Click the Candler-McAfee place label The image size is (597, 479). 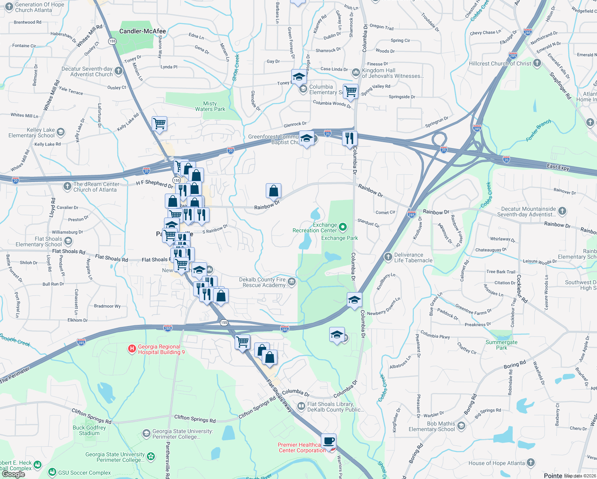click(x=142, y=31)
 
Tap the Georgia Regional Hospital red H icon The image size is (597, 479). click(x=132, y=349)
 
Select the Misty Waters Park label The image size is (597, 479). click(x=210, y=106)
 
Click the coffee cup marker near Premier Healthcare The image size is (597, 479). click(x=328, y=441)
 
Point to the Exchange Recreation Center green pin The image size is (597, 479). click(x=342, y=228)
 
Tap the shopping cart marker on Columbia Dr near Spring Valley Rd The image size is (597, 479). click(x=350, y=91)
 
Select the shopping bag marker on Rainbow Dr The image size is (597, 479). click(x=274, y=191)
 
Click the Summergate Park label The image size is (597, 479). click(x=501, y=345)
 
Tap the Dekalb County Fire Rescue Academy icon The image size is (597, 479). click(x=292, y=282)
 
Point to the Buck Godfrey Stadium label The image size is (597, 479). click(x=89, y=430)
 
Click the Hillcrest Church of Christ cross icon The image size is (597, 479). click(x=537, y=63)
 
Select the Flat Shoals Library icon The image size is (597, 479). click(x=301, y=407)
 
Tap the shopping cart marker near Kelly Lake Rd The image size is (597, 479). click(x=159, y=124)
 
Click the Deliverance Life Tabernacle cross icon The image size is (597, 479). click(x=388, y=257)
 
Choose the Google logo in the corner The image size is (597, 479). click(x=13, y=474)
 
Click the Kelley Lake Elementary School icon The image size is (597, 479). click(x=61, y=132)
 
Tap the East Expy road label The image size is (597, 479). click(x=558, y=167)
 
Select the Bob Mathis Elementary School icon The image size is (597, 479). click(x=461, y=426)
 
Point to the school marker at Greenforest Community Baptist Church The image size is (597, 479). click(x=306, y=139)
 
